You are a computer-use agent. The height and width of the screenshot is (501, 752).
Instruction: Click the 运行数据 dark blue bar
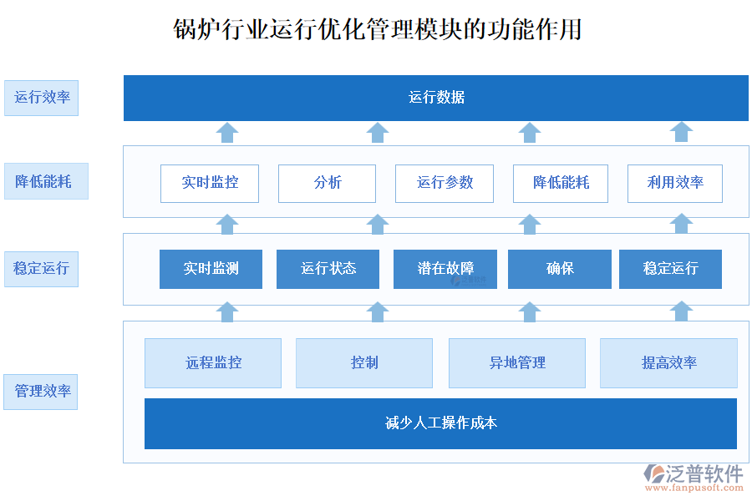pos(436,98)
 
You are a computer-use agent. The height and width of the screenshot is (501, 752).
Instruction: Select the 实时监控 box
pos(210,183)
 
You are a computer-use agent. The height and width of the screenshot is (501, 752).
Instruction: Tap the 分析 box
pos(327,183)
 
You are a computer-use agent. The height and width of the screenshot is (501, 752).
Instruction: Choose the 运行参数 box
pos(445,183)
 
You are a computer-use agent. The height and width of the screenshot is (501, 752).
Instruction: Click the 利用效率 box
pos(675,183)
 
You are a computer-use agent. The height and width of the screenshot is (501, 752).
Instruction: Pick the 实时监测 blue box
pos(211,269)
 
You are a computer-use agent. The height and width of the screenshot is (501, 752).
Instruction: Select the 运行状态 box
pos(328,269)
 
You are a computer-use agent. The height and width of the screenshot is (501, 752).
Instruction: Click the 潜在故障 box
pos(445,269)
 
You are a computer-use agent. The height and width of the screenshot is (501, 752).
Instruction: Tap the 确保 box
pos(559,269)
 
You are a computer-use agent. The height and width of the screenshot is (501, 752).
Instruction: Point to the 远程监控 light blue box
pos(213,363)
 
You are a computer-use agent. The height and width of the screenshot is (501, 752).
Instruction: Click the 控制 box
pos(364,363)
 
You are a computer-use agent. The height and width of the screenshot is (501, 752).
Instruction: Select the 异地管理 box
pos(517,363)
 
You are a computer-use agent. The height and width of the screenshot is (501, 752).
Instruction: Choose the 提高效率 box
pos(668,363)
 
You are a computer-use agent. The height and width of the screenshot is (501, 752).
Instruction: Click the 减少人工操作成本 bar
pos(440,423)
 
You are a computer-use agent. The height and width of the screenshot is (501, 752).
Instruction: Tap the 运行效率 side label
pos(41,98)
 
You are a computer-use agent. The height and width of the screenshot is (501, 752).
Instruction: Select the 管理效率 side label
pos(41,392)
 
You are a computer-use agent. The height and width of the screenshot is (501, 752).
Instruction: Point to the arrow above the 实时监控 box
pos(227,132)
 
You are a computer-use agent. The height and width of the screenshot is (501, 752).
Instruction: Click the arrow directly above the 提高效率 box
pos(682,311)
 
